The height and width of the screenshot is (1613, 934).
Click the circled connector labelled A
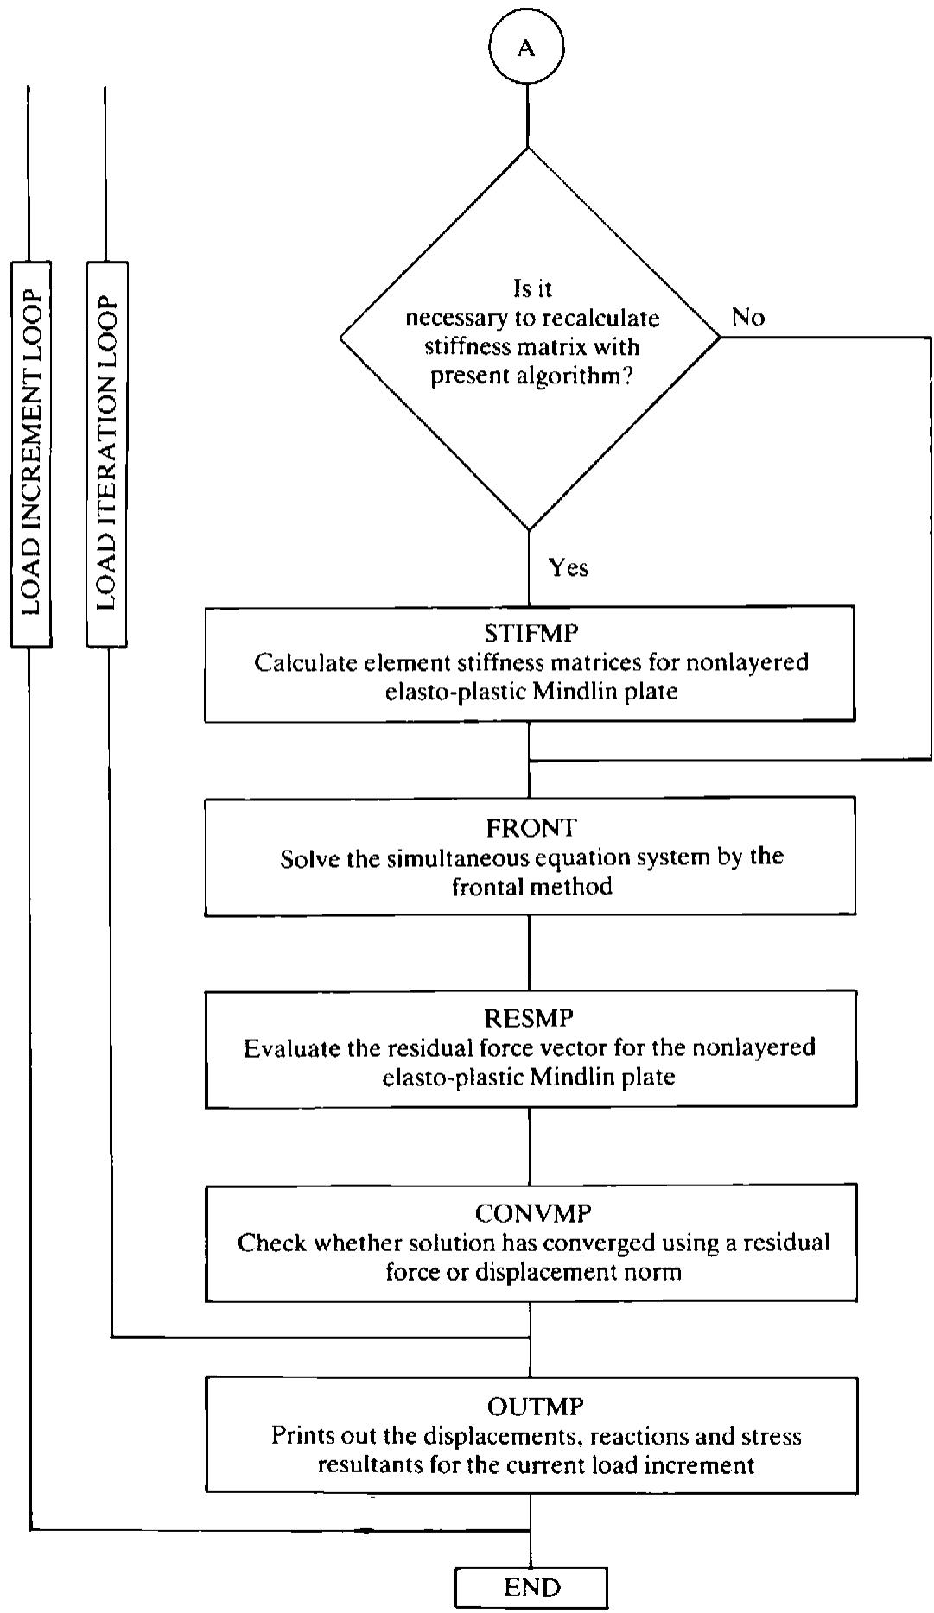point(526,47)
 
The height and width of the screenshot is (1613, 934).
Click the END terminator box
point(531,1587)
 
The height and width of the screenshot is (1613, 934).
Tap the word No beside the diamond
point(748,317)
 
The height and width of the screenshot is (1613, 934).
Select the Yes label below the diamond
point(569,567)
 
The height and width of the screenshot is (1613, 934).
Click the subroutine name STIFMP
point(531,633)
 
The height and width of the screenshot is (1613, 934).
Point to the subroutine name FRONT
point(531,827)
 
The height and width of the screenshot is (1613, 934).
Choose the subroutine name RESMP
point(530,1018)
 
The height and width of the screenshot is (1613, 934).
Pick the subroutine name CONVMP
point(532,1213)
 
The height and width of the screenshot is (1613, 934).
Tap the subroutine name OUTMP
point(535,1407)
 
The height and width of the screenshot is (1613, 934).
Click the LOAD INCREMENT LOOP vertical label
point(31,454)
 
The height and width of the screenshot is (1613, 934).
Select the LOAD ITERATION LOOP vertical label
point(106,454)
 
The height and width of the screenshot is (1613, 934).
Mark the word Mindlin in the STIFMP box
point(571,692)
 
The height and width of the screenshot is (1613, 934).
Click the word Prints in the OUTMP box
point(301,1436)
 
